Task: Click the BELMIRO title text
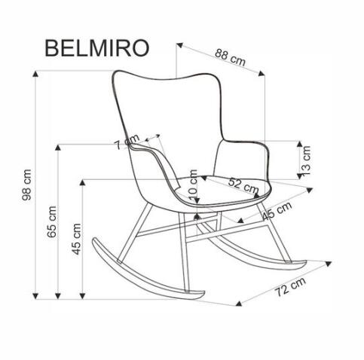[x=97, y=48]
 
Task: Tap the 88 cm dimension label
[x=230, y=57]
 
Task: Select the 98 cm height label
[x=26, y=185]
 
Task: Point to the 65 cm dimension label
[x=52, y=221]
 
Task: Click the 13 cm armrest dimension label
[x=306, y=160]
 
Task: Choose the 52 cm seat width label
[x=243, y=185]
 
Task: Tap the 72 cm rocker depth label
[x=290, y=287]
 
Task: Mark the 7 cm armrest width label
[x=127, y=142]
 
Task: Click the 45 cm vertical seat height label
[x=76, y=239]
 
